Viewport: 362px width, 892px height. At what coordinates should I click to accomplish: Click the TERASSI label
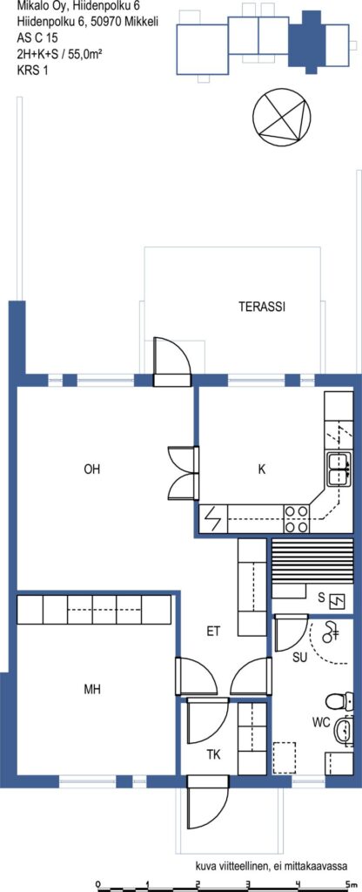tap(261, 307)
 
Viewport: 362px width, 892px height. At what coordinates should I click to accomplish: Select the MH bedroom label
tap(92, 690)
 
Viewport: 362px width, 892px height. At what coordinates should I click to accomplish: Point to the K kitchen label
tap(261, 470)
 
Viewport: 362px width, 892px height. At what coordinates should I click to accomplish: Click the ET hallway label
tap(213, 631)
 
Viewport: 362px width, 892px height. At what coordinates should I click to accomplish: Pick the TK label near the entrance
tap(213, 755)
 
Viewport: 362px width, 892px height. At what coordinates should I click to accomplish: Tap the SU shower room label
tap(299, 658)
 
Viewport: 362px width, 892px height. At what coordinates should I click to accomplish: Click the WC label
tap(321, 724)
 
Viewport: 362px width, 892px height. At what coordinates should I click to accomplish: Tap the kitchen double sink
tap(338, 470)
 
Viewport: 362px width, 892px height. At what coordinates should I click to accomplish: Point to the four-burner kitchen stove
tap(296, 519)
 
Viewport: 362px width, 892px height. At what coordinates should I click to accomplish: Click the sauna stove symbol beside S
tap(339, 600)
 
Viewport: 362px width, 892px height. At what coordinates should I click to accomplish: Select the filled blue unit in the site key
tap(310, 37)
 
